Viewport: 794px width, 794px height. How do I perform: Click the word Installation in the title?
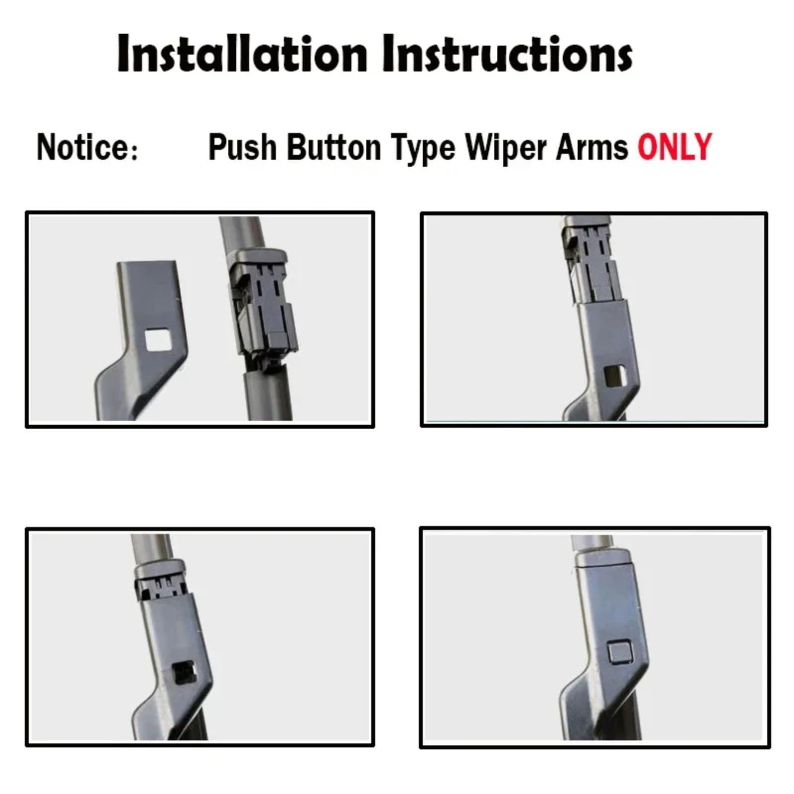pyautogui.click(x=242, y=54)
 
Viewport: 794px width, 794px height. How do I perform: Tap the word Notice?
pyautogui.click(x=82, y=147)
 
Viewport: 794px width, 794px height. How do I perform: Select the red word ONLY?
pyautogui.click(x=674, y=147)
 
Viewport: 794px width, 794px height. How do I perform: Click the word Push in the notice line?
pyautogui.click(x=242, y=147)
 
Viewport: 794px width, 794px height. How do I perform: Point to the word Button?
pyautogui.click(x=333, y=147)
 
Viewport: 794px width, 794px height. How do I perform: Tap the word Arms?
pyautogui.click(x=592, y=147)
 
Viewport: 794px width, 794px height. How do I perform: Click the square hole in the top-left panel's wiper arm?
pyautogui.click(x=157, y=341)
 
